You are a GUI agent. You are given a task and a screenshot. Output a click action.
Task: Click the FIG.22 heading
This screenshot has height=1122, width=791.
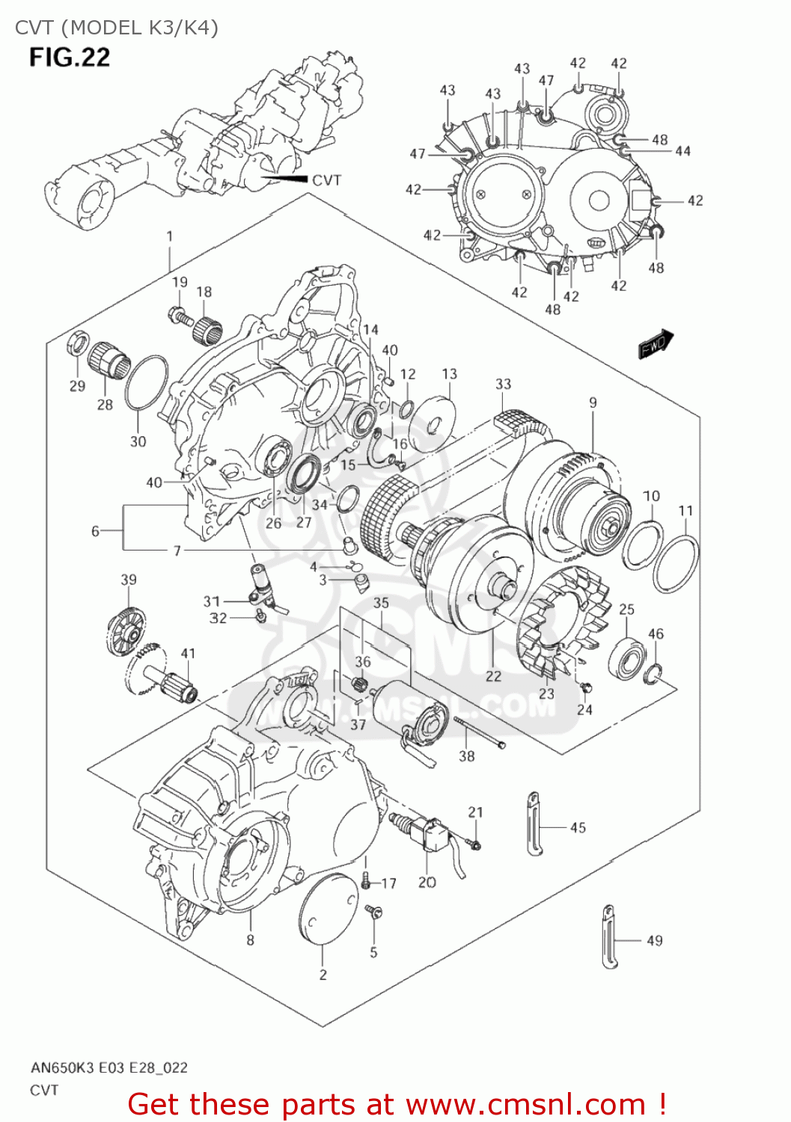pyautogui.click(x=70, y=58)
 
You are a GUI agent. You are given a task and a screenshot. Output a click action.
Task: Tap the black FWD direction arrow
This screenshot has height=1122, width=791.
pyautogui.click(x=656, y=343)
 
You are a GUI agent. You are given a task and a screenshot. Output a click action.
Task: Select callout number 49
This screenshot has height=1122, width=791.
pyautogui.click(x=655, y=941)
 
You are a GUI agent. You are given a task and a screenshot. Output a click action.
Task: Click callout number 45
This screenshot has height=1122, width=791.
pyautogui.click(x=578, y=827)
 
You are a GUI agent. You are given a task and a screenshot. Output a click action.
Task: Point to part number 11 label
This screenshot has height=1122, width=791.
pyautogui.click(x=685, y=510)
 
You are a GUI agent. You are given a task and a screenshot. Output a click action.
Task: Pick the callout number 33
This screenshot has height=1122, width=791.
pyautogui.click(x=504, y=384)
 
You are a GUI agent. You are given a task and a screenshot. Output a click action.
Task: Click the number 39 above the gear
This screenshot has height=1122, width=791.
pyautogui.click(x=129, y=580)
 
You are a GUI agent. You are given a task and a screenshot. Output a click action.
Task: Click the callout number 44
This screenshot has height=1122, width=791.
pyautogui.click(x=682, y=151)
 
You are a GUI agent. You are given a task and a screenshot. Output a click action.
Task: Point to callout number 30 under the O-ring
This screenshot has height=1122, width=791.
pyautogui.click(x=138, y=441)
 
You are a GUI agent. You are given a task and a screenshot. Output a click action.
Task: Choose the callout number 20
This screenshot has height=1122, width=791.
pyautogui.click(x=427, y=882)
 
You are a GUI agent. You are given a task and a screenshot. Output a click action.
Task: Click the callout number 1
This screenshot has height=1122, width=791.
pyautogui.click(x=170, y=236)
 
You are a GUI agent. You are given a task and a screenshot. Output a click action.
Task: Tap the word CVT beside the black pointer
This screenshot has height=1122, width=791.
pyautogui.click(x=327, y=180)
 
